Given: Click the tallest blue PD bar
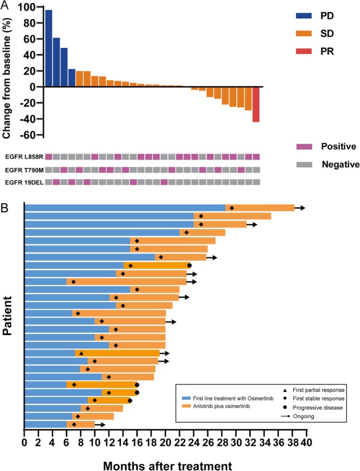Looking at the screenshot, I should click(x=49, y=48).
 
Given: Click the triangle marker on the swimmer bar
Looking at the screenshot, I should click(x=81, y=353).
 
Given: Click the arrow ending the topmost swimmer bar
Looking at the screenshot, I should click(x=300, y=208).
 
